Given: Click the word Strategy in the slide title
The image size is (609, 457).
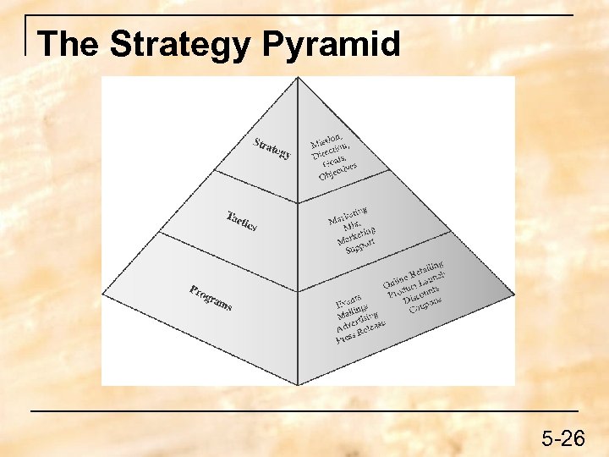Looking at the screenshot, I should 181,45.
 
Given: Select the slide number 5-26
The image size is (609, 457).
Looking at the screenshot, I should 563,438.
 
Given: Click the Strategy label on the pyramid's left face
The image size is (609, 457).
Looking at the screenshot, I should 272,147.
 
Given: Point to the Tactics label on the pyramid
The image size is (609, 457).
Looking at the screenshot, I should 241,221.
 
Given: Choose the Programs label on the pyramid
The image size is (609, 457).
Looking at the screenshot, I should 211,297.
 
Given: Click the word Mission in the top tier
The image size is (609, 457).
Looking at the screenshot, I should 326,139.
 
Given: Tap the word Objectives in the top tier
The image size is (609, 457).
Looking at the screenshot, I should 337,171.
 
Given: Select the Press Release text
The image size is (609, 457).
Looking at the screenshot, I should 360,332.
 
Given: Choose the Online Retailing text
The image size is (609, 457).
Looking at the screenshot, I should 414,275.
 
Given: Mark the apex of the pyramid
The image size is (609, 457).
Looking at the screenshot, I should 298,78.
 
